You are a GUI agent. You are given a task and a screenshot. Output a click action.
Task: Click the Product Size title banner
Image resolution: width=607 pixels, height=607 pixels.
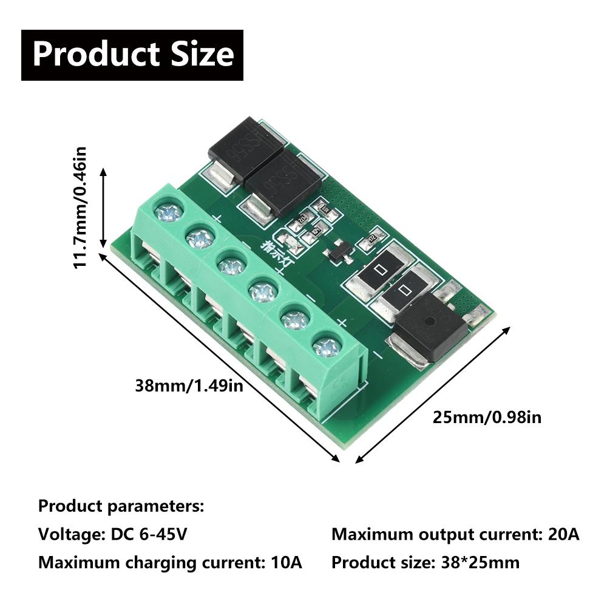pos(132,55)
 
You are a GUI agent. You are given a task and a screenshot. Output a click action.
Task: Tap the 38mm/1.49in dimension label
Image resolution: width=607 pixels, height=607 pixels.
pos(189,385)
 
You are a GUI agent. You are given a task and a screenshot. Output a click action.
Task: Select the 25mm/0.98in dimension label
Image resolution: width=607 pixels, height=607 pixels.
pos(487,417)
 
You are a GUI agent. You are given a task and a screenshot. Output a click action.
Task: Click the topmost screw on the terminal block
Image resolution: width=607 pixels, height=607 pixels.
pos(168,211)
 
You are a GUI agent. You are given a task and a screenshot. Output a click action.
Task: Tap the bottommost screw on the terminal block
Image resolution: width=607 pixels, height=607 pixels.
pos(327,347)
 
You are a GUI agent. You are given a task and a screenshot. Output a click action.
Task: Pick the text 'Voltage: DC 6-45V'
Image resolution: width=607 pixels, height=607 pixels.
pos(113,535)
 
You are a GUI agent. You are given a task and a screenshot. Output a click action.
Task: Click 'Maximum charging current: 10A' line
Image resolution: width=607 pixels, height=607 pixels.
pos(170,562)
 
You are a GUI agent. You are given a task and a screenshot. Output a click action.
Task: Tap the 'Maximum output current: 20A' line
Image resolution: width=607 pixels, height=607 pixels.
pos(455,535)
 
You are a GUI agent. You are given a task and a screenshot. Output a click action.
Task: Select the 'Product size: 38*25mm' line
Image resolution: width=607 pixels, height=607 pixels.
pos(426,562)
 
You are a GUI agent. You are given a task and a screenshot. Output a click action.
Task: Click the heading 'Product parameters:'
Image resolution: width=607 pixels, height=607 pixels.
pos(121,506)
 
